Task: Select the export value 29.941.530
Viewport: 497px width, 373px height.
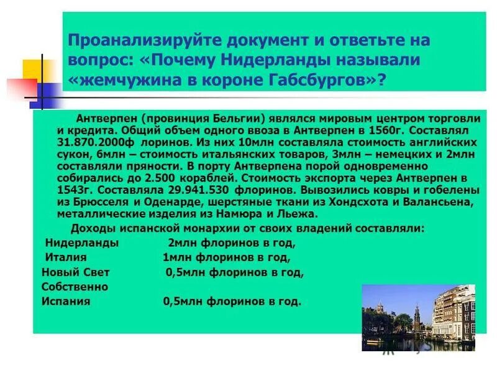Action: coord(191,190)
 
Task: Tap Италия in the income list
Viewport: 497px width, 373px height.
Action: coord(66,257)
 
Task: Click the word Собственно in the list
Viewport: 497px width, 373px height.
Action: coord(75,287)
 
